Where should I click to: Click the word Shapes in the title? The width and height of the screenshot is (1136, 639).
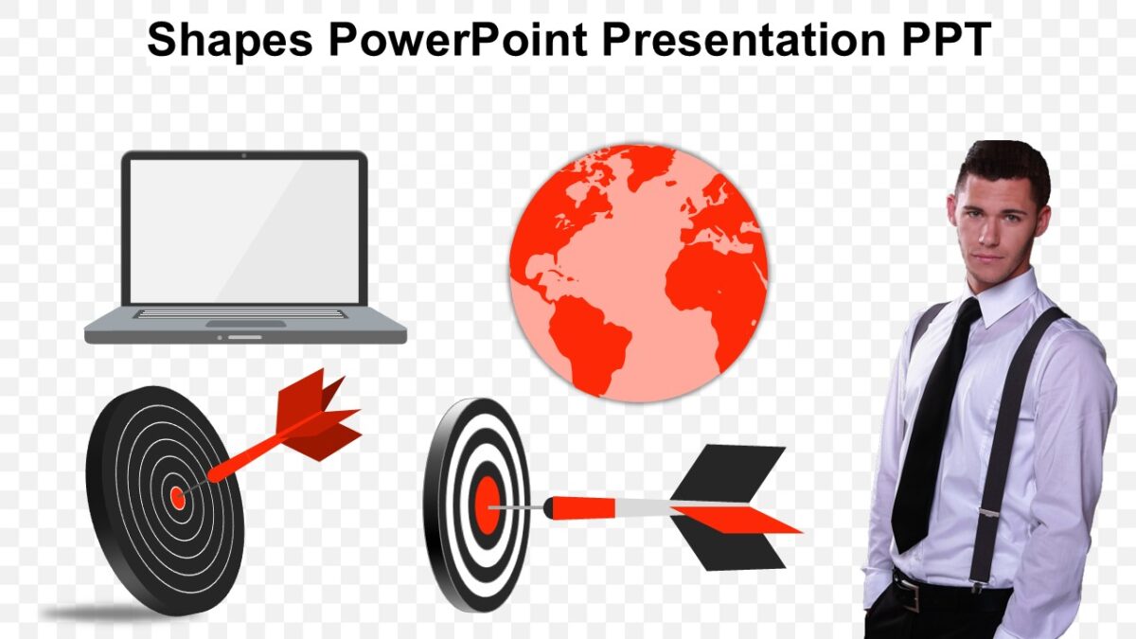pos(229,41)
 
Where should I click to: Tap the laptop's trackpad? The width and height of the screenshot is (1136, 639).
pos(244,324)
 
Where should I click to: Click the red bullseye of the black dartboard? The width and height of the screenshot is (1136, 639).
pos(177,497)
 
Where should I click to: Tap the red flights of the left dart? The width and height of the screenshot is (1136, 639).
pos(317,417)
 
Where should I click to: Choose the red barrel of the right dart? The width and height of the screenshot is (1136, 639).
pos(582,508)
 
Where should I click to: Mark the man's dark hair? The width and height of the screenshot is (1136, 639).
pos(1003,161)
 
